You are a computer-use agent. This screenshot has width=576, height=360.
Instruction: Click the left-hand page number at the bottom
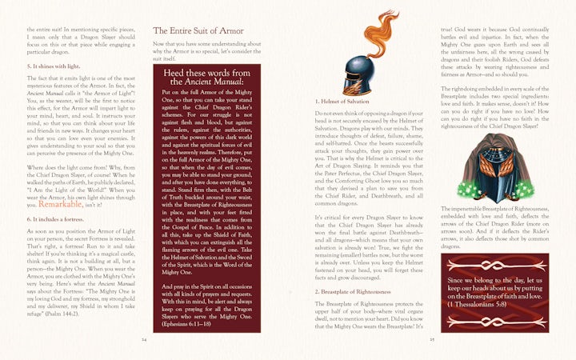coord(145,338)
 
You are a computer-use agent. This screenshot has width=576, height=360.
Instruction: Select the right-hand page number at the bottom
coord(431,338)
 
